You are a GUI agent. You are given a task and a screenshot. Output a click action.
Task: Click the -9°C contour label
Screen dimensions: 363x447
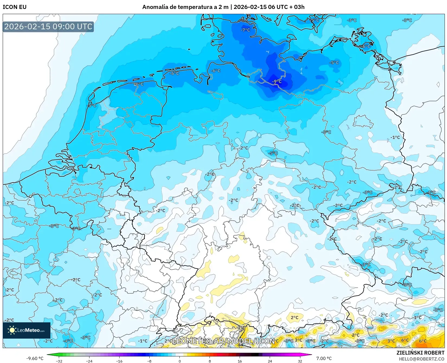277,81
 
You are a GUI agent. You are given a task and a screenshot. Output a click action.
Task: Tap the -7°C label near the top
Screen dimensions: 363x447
245,30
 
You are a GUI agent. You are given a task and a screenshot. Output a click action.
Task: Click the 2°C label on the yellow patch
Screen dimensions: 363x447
294,317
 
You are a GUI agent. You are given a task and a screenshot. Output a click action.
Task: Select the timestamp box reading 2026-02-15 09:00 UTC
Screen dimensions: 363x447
48,27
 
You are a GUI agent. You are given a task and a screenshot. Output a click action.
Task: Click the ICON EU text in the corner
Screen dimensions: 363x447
15,7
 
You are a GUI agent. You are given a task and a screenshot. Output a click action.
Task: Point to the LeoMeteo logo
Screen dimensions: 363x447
27,330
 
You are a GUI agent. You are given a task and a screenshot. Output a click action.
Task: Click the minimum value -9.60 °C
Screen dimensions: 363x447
35,358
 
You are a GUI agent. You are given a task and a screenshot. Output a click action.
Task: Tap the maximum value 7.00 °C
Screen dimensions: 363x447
324,358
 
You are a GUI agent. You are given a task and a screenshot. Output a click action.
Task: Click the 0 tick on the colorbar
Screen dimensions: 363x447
179,361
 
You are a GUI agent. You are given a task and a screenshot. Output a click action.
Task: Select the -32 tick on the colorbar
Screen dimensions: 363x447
59,361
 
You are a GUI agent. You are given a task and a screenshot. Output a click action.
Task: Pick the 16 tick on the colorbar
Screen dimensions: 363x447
240,361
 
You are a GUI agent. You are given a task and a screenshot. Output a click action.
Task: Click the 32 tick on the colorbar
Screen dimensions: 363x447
300,361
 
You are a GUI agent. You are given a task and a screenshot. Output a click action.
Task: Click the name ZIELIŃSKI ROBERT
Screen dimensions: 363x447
420,353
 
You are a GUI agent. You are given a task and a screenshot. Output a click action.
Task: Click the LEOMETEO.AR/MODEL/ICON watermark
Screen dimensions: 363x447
223,341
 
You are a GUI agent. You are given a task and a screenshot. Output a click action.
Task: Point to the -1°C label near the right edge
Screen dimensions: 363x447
395,137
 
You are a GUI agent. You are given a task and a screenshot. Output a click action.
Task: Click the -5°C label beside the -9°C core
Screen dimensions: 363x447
334,63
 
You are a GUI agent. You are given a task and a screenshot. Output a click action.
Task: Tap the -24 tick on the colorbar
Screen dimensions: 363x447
89,361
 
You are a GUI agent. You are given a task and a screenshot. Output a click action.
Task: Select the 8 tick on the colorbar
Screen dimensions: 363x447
210,361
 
